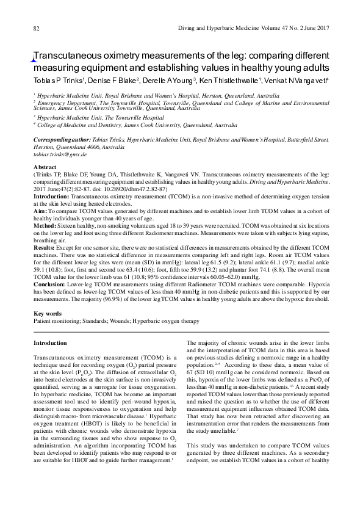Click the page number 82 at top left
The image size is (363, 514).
pos(36,29)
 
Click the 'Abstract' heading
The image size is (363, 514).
pos(45,167)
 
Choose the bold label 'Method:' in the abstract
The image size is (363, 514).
pos(45,225)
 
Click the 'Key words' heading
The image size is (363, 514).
pos(48,313)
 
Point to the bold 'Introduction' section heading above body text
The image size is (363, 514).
pos(51,343)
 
